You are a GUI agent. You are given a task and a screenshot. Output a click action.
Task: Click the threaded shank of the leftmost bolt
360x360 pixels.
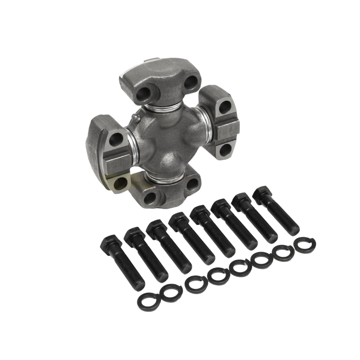130,267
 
